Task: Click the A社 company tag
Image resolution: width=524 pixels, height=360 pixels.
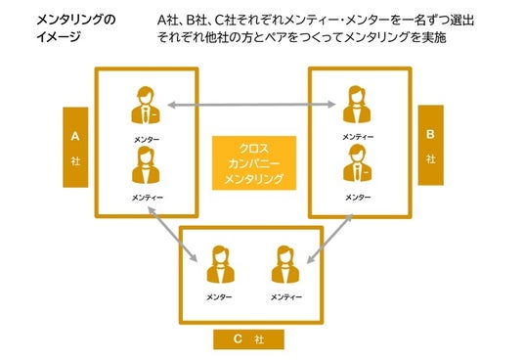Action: [x=75, y=148]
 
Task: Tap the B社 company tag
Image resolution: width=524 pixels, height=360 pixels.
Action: [x=431, y=145]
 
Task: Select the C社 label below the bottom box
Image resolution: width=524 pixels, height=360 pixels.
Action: [x=249, y=339]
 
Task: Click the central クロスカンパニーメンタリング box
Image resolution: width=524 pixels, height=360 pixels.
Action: [x=254, y=163]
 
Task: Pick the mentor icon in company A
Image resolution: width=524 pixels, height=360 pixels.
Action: [x=146, y=106]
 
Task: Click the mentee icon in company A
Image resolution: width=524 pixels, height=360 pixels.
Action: [x=146, y=164]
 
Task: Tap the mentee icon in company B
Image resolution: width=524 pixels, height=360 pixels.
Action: [x=357, y=105]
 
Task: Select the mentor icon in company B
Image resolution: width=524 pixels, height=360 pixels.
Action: [x=358, y=163]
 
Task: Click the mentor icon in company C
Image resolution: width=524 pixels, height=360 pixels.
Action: [x=221, y=265]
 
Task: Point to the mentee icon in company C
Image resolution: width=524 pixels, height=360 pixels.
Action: [x=285, y=265]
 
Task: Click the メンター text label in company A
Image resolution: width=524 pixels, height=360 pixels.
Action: [x=147, y=140]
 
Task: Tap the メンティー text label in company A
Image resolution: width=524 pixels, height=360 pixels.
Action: [x=148, y=198]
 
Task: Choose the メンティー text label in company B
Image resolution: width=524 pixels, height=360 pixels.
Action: [x=358, y=137]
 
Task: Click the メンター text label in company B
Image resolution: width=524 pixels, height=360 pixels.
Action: [x=358, y=198]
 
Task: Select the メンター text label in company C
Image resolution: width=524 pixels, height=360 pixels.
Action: [x=219, y=297]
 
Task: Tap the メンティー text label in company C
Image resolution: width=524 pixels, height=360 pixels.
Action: [x=286, y=297]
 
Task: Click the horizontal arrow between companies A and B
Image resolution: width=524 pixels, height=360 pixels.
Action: [x=251, y=105]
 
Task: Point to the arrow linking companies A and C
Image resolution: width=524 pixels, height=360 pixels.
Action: [x=172, y=235]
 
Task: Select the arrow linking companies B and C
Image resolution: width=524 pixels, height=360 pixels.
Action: [x=329, y=239]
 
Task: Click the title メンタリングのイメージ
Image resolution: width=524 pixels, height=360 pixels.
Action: [x=76, y=28]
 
